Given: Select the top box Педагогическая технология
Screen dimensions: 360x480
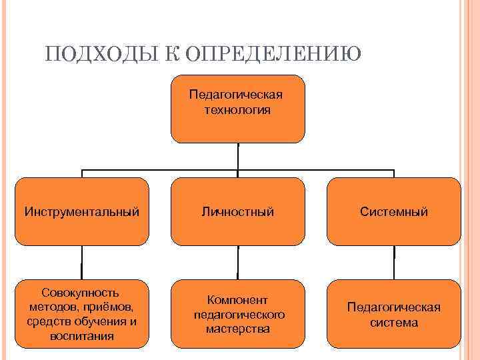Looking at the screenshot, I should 238,109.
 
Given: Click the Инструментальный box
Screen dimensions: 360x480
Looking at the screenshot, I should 82,211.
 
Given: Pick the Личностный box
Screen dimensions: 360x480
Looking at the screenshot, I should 238,211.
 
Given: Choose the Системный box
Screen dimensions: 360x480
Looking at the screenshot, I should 393,211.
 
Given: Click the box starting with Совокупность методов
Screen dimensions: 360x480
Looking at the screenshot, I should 82,313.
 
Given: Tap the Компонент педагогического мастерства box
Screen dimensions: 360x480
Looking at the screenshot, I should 238,313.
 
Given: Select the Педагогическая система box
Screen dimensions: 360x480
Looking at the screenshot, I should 393,313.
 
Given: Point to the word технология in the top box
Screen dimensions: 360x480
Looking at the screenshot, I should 238,110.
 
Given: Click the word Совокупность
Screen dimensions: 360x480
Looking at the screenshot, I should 81,293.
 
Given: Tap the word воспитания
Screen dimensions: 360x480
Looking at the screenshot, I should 81,336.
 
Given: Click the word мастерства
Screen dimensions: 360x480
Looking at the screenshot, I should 238,329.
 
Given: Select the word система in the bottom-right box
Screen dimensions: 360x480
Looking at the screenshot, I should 393,323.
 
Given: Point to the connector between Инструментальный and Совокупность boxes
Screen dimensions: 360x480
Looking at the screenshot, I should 82,262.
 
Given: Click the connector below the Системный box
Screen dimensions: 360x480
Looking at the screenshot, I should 393,262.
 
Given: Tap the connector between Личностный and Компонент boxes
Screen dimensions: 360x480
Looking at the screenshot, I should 238,262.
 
